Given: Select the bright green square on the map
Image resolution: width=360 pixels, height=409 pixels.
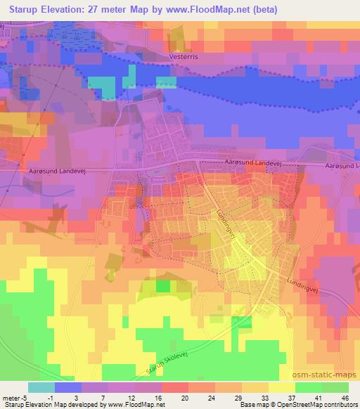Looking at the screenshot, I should (163, 286).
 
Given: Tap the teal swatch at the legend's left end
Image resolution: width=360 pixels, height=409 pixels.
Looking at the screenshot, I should (41, 387).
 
